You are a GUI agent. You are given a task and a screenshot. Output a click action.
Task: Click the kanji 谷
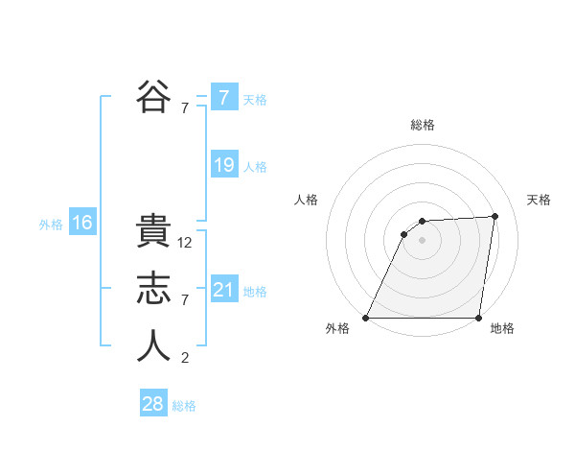pos(153,96)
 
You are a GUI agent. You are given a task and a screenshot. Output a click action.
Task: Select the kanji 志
pos(153,290)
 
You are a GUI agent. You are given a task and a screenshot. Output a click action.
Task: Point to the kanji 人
pos(153,346)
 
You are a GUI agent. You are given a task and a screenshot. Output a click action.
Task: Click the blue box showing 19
pos(223,165)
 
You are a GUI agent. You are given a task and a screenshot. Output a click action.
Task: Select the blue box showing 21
pos(223,290)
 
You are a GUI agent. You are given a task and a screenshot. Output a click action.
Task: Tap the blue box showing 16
pos(81,224)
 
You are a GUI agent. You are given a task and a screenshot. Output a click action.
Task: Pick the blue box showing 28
pos(153,404)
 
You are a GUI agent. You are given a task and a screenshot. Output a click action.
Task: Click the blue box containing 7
pos(223,97)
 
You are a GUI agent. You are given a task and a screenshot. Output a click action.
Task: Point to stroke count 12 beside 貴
pos(186,244)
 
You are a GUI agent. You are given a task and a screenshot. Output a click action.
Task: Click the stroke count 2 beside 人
pos(185,359)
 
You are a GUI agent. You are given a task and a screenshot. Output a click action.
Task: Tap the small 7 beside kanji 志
pos(185,301)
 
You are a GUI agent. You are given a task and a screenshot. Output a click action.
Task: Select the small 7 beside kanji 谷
pos(185,108)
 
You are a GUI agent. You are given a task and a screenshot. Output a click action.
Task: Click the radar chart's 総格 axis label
pos(422,125)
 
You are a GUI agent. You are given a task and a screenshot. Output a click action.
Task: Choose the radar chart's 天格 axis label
pos(539,200)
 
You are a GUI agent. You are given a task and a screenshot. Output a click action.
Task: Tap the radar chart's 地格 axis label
pos(501,328)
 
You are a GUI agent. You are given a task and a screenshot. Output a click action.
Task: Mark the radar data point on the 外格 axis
pos(366,318)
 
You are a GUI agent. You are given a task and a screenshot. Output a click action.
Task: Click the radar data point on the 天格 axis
pos(495,216)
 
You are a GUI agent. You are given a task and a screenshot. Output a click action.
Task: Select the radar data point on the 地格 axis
pos(478,318)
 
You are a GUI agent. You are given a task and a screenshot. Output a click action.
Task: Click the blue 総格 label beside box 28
pos(184,406)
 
